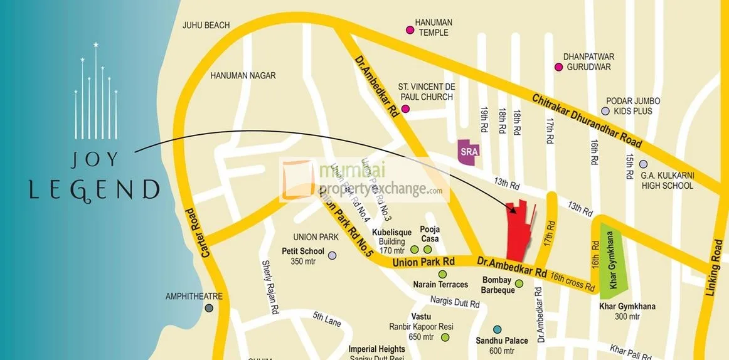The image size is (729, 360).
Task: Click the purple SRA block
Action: point(466,151)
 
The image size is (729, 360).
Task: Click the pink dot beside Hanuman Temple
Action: point(410,29)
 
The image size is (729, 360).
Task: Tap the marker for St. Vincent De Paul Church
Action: point(405,109)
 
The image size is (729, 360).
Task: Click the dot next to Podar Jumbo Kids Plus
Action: point(605,111)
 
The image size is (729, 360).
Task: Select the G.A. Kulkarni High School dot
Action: point(643,164)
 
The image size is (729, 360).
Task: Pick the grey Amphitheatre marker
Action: point(209,308)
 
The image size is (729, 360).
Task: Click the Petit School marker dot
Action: point(332,255)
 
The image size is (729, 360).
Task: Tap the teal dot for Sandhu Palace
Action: point(498,329)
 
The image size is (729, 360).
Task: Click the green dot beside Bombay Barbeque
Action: point(519,284)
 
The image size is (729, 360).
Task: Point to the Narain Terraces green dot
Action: point(442,274)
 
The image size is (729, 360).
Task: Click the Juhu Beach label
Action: point(206,25)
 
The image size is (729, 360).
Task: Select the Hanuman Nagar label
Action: point(243,75)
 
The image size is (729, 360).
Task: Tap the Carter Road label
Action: point(191,231)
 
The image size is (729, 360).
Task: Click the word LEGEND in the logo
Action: point(95,189)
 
